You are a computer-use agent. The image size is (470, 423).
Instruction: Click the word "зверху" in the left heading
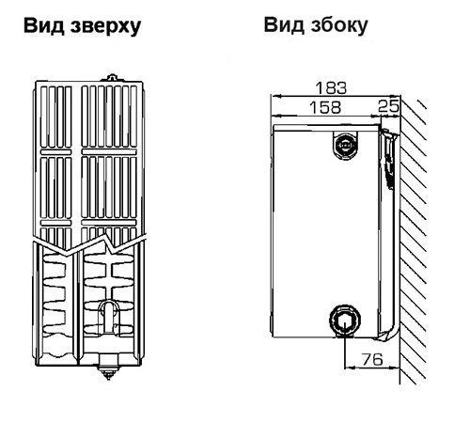(106, 26)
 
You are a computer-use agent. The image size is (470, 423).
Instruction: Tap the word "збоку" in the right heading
(339, 25)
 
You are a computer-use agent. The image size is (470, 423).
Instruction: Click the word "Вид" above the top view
(44, 25)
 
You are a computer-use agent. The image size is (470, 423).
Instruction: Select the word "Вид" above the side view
(284, 24)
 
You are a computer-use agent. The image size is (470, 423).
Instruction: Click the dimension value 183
(331, 87)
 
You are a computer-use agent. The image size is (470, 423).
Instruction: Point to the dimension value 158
(325, 107)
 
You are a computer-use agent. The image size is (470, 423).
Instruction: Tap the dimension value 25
(388, 106)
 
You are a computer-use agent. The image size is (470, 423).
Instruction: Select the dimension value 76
(372, 359)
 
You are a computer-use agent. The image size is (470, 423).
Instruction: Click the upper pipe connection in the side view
(345, 145)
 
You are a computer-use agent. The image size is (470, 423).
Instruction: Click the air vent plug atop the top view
(112, 78)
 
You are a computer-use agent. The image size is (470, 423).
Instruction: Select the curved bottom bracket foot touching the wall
(388, 334)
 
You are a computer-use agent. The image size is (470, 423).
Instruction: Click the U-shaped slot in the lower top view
(108, 317)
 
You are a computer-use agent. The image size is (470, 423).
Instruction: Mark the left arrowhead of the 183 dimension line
(275, 96)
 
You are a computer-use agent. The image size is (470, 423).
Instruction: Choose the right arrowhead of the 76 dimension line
(394, 368)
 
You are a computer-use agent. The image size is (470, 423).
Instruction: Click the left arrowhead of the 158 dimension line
(276, 116)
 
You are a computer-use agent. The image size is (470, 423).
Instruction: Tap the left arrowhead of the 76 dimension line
(350, 368)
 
